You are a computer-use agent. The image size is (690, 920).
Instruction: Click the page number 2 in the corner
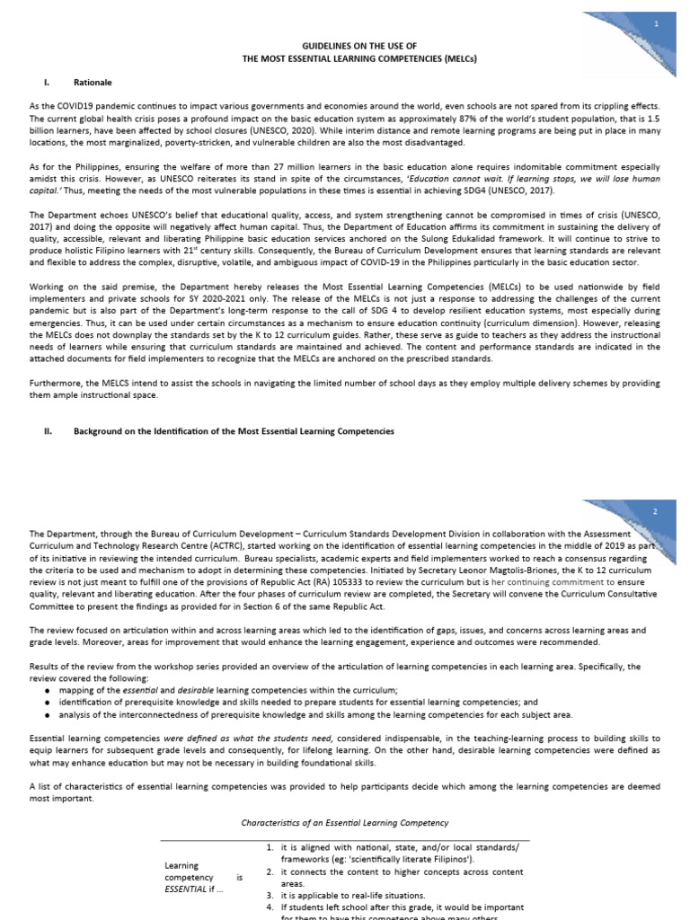click(x=655, y=511)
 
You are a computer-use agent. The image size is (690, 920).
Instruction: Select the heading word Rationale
click(x=93, y=83)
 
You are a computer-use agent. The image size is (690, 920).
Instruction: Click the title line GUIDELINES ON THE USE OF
click(x=344, y=45)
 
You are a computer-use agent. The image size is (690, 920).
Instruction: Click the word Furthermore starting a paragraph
click(x=56, y=382)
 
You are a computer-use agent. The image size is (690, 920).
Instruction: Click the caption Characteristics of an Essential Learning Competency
click(x=344, y=823)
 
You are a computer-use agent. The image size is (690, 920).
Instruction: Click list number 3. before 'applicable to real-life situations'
click(x=270, y=896)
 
